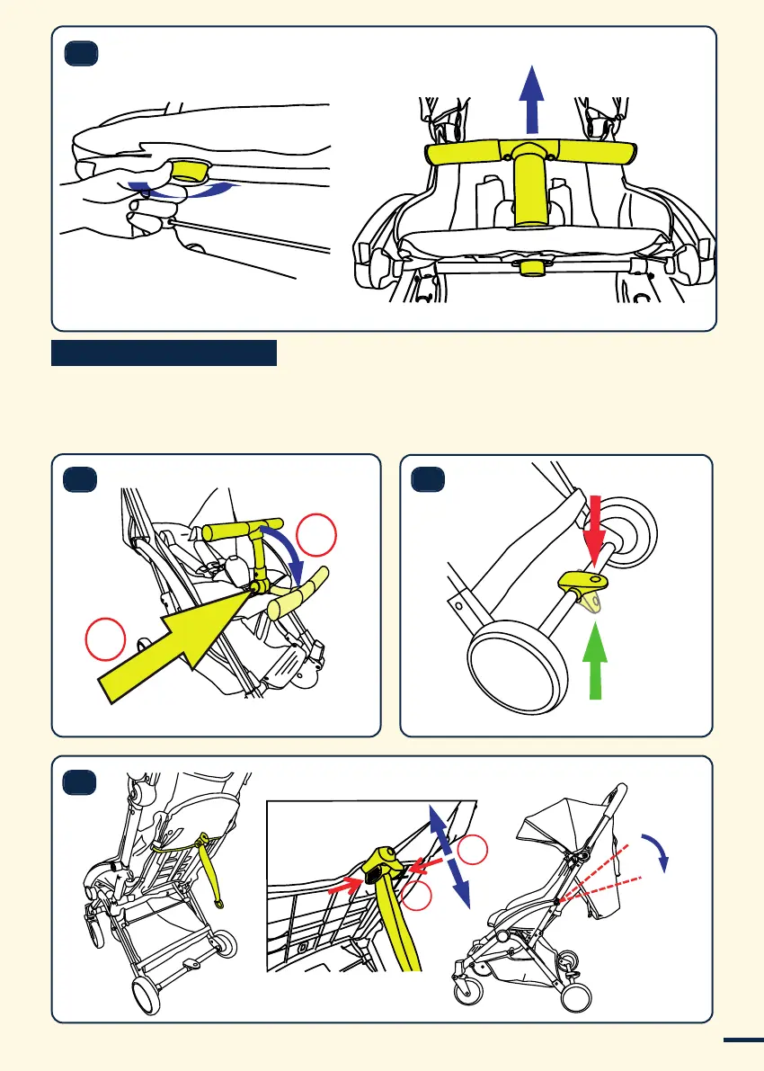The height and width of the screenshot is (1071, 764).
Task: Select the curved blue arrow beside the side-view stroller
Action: pos(659,849)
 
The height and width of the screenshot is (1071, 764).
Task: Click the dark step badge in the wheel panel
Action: pos(428,481)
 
